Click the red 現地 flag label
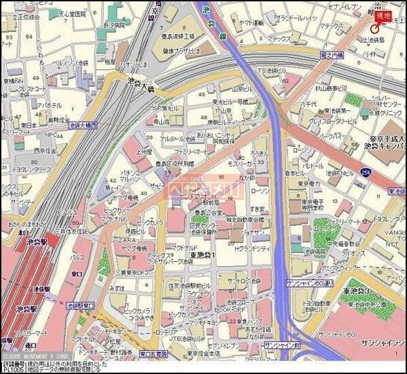(383, 16)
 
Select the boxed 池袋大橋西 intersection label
(84, 125)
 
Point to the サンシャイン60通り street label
(309, 281)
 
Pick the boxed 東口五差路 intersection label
(154, 354)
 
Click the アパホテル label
(50, 105)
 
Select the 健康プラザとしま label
(178, 50)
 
